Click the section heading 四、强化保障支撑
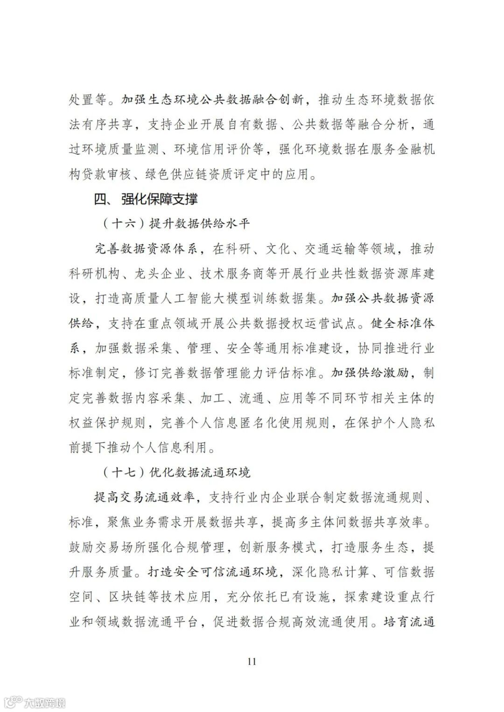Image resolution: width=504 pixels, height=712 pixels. coord(146,199)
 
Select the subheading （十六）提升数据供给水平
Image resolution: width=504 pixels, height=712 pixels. coord(176,224)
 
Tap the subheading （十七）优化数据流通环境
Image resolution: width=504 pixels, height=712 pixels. coord(176,472)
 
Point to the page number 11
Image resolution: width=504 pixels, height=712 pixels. coord(252,661)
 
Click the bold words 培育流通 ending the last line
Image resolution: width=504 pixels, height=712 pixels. coord(409,622)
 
